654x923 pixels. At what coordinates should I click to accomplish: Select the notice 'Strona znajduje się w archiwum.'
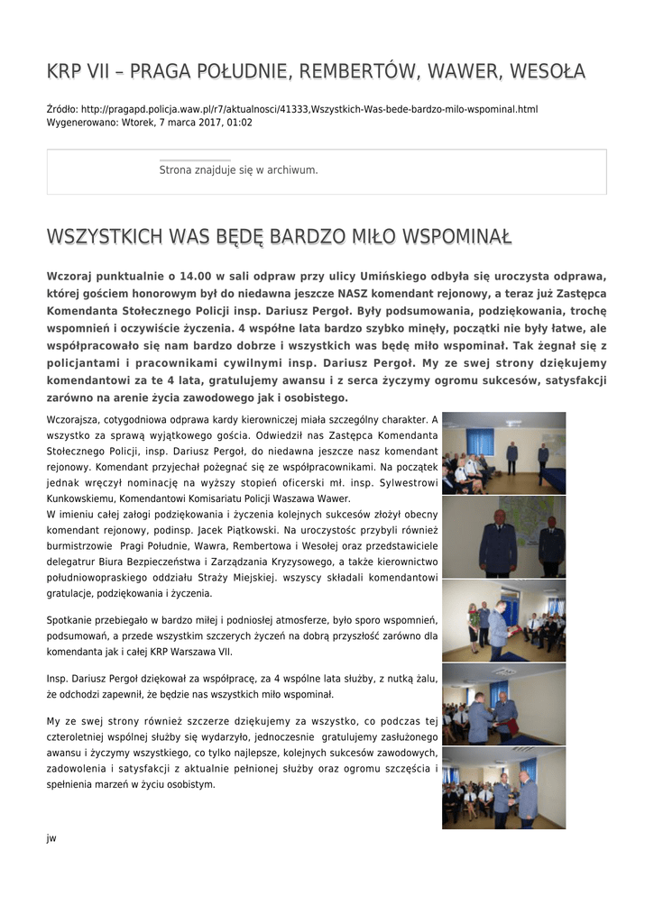tap(238, 169)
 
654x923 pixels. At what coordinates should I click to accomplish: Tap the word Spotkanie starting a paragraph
tap(69, 620)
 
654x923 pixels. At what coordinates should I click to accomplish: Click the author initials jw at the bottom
tap(51, 838)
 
